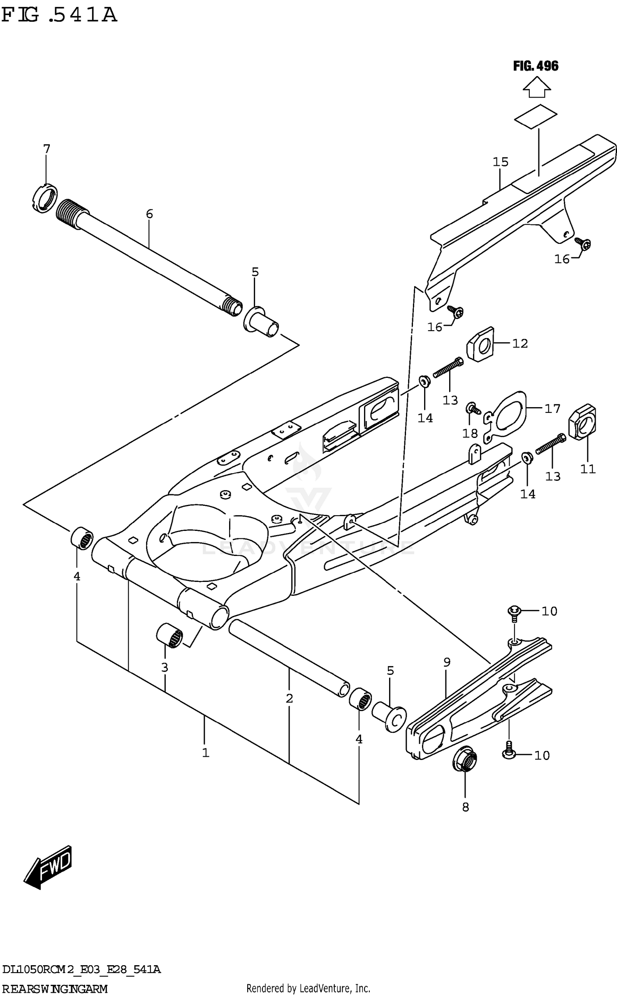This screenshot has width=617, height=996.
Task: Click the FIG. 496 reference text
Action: (535, 66)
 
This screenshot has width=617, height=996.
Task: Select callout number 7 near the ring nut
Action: (46, 149)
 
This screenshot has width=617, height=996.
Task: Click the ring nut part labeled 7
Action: (44, 198)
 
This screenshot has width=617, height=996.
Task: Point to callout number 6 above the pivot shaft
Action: (149, 213)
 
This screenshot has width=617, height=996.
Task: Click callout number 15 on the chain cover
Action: (501, 162)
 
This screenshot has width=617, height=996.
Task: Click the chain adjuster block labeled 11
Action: (582, 424)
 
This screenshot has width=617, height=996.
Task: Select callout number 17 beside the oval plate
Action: (552, 408)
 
